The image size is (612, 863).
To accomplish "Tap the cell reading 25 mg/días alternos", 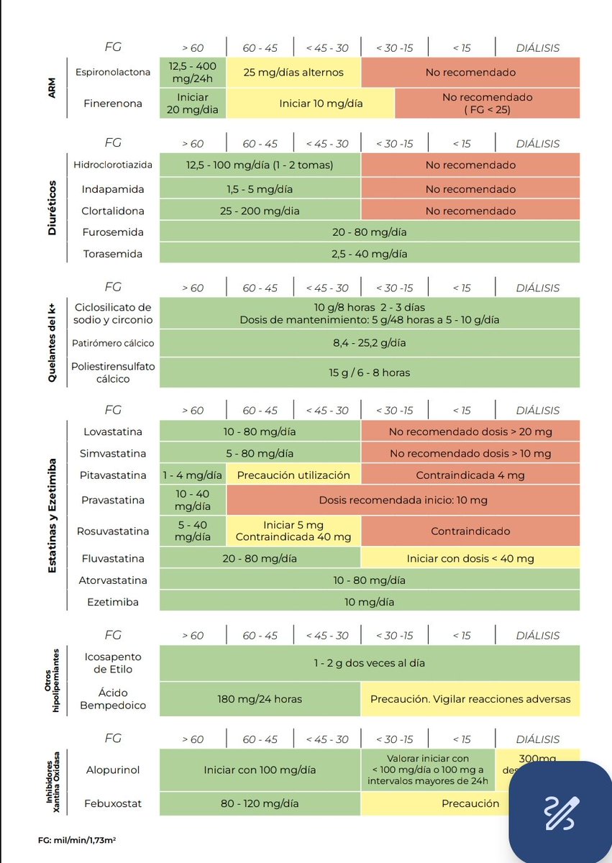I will coord(293,72).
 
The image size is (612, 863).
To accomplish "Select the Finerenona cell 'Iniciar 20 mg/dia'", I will coord(192,103).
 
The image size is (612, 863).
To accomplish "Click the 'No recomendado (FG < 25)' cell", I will coord(487,103).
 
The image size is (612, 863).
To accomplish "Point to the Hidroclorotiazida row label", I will coord(113,165).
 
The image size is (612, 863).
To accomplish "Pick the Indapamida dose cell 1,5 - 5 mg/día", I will coord(260,189).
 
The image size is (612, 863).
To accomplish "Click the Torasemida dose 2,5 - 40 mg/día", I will coord(370,254).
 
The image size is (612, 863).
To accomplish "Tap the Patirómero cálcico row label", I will coord(112,343).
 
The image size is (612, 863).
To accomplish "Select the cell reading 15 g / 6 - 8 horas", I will coord(370,373).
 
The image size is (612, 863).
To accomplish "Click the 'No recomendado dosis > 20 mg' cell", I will coord(470,432).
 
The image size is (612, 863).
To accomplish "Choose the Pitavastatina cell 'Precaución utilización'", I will coord(293,475).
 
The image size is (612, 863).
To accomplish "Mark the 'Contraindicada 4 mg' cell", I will coord(470,475).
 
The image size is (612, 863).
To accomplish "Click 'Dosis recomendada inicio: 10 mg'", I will coord(403,500).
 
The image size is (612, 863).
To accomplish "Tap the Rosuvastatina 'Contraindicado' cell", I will coord(470,531).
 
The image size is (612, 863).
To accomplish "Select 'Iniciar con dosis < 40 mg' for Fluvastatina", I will coord(470,558).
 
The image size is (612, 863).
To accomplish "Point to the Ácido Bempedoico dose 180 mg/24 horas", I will coord(260,698).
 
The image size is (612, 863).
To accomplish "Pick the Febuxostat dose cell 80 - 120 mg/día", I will coord(260,803).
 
